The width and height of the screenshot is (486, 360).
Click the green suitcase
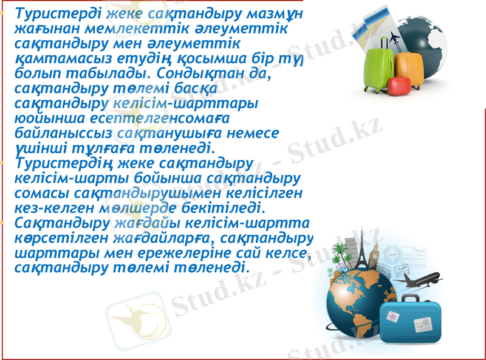(380, 64)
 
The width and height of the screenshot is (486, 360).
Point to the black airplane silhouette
(420, 281)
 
